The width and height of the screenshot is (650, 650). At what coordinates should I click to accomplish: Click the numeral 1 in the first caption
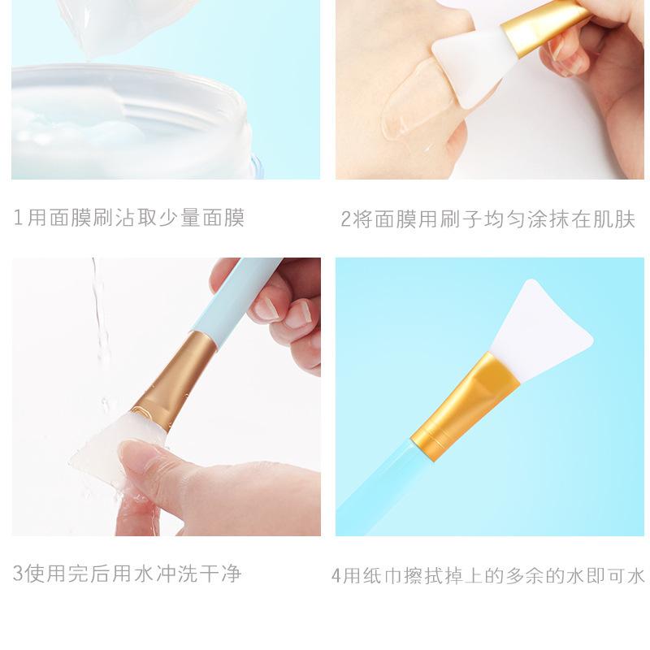pos(17,218)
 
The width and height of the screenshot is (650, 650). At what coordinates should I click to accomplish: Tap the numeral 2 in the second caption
pos(346,219)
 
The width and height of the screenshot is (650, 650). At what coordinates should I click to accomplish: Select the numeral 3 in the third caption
pos(18,573)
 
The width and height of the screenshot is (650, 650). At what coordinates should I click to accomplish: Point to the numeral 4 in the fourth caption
pos(336,575)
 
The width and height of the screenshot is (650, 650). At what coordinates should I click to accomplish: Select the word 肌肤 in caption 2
pos(614,219)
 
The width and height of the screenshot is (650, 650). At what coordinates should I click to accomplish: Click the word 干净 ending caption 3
pos(220,573)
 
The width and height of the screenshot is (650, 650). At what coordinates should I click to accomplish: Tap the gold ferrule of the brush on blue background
pos(464,406)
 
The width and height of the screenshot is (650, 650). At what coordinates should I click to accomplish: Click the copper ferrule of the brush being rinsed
pos(174,381)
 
